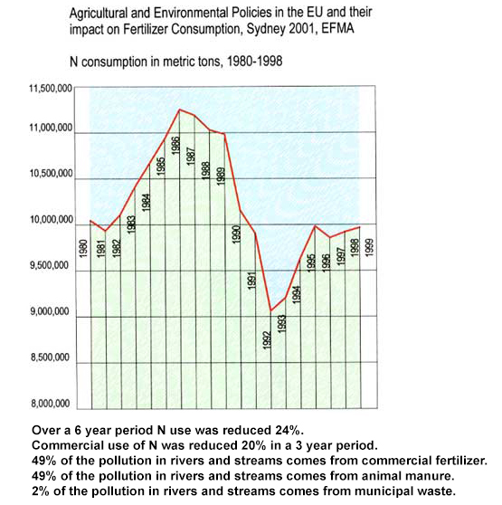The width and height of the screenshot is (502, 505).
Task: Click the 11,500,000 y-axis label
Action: pos(51,89)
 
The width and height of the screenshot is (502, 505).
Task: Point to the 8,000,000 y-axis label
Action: pos(51,404)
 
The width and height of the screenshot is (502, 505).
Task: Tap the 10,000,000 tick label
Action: pos(52,220)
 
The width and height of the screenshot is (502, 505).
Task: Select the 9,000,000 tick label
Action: pos(51,311)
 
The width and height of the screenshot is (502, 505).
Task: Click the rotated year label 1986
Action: pos(175,146)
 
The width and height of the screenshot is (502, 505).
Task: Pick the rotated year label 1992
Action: pos(268,340)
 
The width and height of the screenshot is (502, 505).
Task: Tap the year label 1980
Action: pos(83,248)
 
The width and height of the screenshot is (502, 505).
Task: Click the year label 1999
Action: pos(369,247)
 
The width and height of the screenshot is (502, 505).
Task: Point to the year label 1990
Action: pos(236,234)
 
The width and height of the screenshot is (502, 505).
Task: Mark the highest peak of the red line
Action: pos(180,110)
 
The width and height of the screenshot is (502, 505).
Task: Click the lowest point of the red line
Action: pos(271,310)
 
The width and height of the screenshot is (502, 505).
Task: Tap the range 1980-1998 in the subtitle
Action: pos(255,61)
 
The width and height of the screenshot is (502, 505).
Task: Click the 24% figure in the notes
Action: pos(289,430)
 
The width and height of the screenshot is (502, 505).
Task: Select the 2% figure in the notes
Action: pos(42,491)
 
